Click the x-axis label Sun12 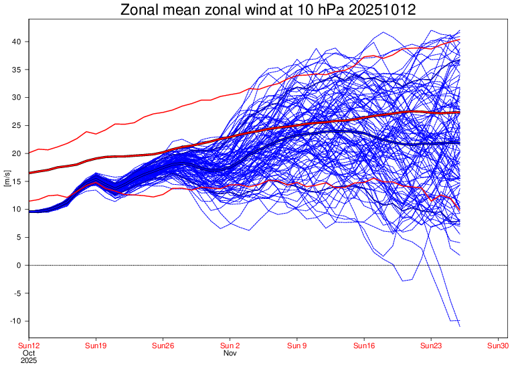pos(29,346)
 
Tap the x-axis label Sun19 pos(96,346)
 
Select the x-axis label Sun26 pos(163,346)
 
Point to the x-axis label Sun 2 pos(230,346)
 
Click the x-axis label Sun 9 pos(296,346)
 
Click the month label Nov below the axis pos(230,353)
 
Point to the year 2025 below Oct pos(29,360)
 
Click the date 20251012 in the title pos(375,11)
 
